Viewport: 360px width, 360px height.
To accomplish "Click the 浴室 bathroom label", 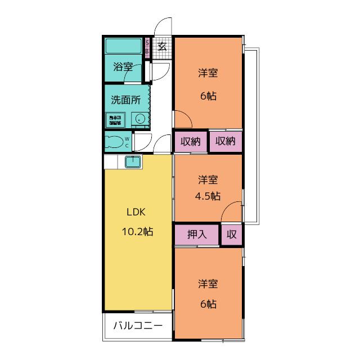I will click(123, 66).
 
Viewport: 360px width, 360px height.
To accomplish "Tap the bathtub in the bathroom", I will click(123, 46).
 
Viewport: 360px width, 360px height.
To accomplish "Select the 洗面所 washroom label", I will click(125, 101).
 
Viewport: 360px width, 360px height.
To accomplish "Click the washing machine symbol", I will click(115, 120).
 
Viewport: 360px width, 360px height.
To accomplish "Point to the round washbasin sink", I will click(139, 119).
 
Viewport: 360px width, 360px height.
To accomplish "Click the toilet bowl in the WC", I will click(114, 141).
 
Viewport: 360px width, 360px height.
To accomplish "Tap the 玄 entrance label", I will click(162, 47).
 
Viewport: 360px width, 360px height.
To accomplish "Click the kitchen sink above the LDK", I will click(133, 162).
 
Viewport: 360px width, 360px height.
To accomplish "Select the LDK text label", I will click(136, 212).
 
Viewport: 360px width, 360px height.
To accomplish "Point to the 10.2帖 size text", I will click(137, 231).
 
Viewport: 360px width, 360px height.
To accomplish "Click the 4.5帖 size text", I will click(208, 196).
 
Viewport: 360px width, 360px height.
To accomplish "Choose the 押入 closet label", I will click(197, 235).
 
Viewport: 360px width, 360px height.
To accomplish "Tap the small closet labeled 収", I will click(232, 235).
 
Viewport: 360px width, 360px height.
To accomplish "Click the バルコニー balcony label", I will click(138, 325).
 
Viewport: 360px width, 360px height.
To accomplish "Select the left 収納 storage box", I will click(191, 141).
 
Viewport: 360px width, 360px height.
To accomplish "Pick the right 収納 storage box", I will click(226, 141).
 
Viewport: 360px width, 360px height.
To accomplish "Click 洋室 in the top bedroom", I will click(208, 73).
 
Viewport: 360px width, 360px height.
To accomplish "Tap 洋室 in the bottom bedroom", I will click(208, 283).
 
